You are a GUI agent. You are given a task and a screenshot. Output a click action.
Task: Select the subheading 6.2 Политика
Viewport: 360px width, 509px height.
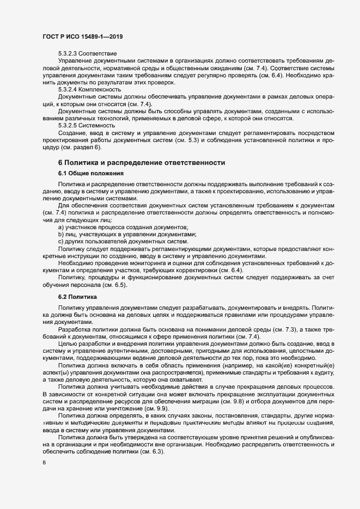[77, 298]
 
